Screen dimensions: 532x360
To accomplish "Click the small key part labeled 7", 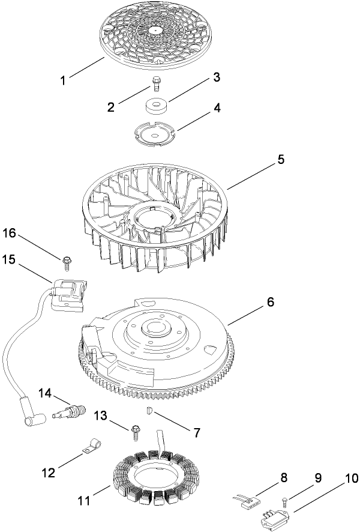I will point(151,411).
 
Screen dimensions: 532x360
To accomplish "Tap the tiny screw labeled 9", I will point(284,500).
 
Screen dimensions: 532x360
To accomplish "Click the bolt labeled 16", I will point(66,259).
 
